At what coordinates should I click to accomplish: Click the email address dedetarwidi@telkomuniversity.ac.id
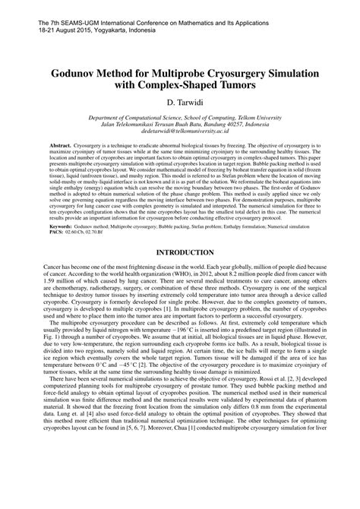(x=179, y=131)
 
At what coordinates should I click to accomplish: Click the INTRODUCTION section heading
(x=179, y=251)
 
